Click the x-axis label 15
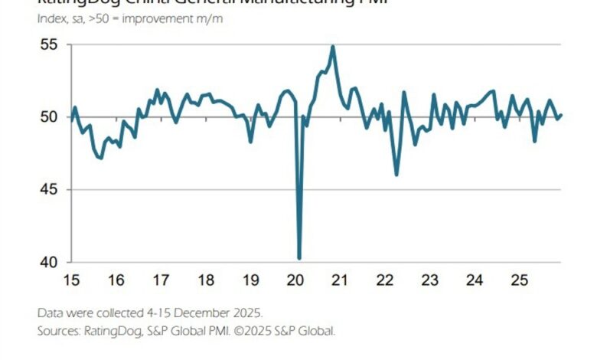pos(70,280)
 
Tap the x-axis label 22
pos(386,280)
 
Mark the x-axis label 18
pos(206,280)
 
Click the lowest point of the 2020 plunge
pos(299,258)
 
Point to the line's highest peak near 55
pos(333,47)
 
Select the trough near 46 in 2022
pos(396,175)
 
